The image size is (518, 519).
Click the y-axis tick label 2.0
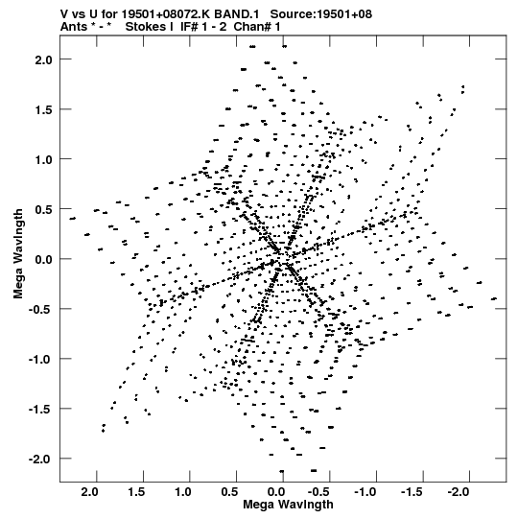coord(43,59)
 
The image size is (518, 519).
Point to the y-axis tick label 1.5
coord(43,110)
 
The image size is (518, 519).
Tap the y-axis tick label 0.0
coord(43,259)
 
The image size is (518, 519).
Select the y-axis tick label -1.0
coord(40,360)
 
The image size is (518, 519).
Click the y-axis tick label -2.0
coord(40,460)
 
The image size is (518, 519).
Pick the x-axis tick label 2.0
coord(89,492)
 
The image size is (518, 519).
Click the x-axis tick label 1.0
coord(182,492)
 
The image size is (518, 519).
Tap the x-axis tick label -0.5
coord(319,492)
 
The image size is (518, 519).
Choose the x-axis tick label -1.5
coord(412,492)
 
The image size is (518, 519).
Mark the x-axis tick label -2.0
coord(459,492)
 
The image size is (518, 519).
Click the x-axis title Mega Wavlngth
coord(288,505)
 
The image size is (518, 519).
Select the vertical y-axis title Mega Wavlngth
coord(18,253)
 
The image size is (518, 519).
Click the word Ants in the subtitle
coord(74,27)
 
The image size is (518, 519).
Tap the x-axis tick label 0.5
coord(229,492)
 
